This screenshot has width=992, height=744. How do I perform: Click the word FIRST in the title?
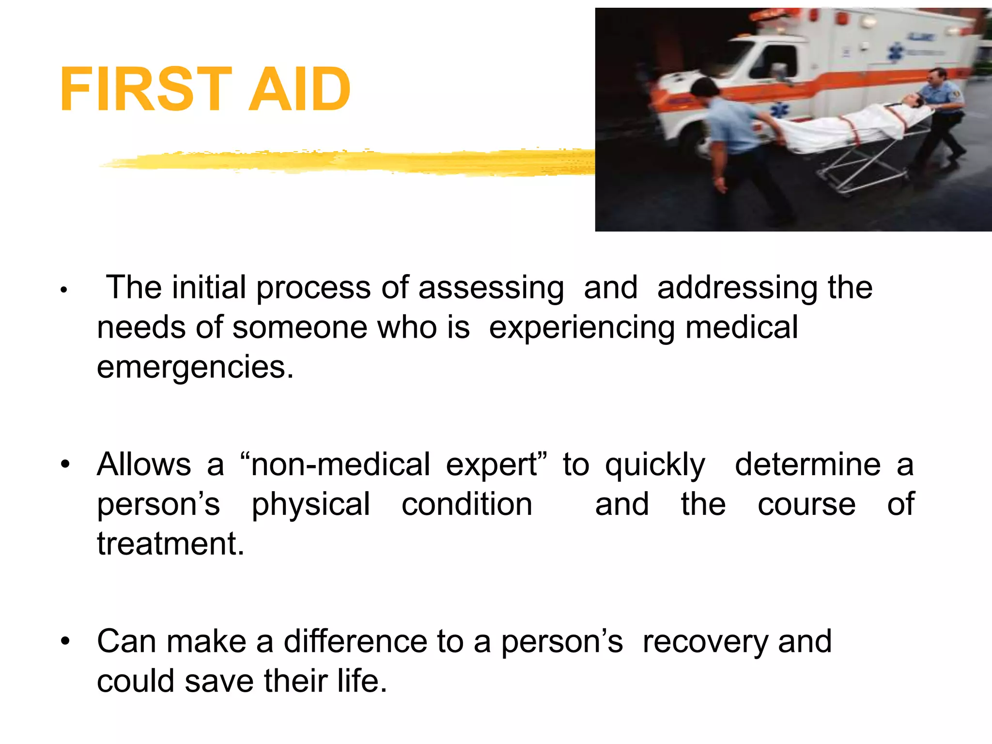pos(145,90)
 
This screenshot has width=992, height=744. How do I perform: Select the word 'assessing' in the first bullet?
pos(491,288)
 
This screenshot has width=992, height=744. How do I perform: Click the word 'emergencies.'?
pos(195,367)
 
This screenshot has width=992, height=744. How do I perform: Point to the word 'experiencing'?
pos(582,327)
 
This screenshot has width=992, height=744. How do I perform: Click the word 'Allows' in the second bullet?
pos(144,465)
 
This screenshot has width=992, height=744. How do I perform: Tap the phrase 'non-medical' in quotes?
pos(340,465)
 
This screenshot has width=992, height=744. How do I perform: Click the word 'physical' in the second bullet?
pos(311,505)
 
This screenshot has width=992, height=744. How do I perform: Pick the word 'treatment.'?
pos(170,544)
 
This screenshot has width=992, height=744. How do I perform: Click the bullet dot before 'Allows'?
pos(65,465)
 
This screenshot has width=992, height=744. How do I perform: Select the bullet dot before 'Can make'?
pos(65,642)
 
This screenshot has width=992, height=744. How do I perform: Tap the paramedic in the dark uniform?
pos(940,116)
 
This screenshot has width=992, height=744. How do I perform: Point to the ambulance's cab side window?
pos(775,63)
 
